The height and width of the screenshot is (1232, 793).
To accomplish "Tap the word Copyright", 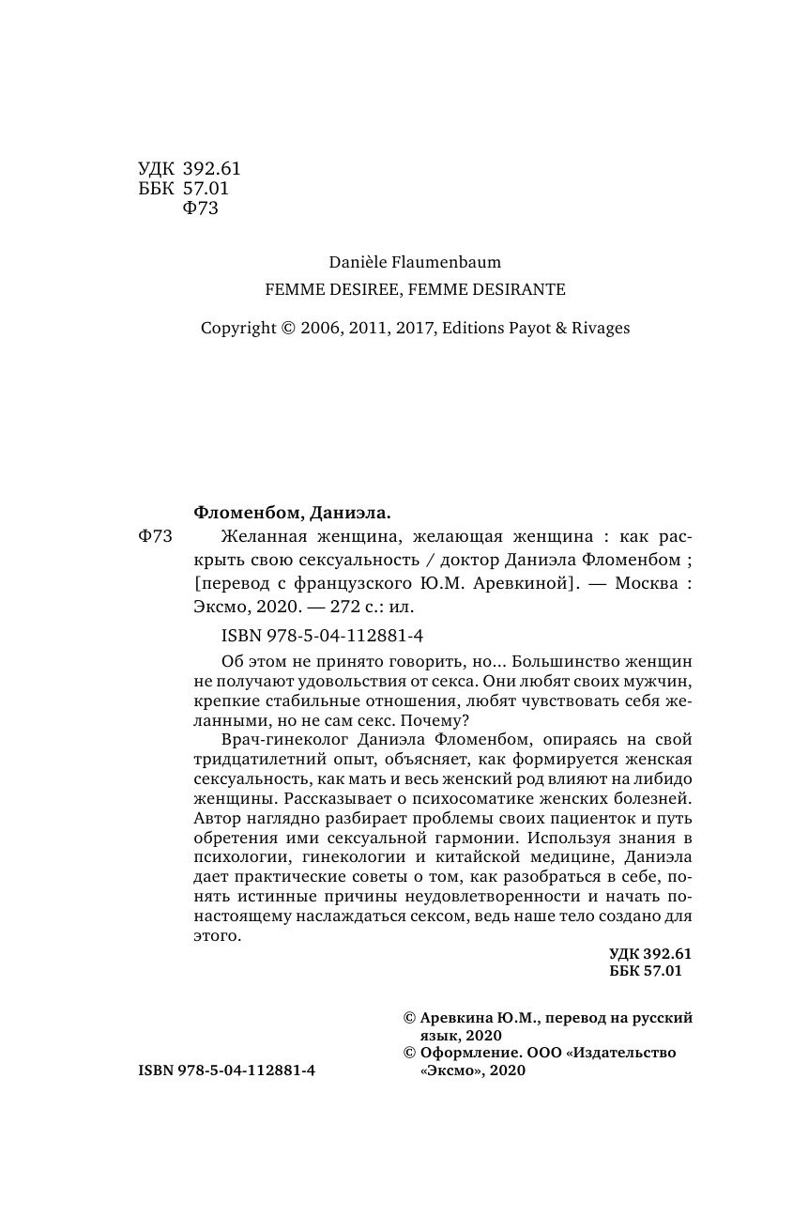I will click(238, 329).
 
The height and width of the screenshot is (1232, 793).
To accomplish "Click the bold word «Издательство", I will click(620, 1053).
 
